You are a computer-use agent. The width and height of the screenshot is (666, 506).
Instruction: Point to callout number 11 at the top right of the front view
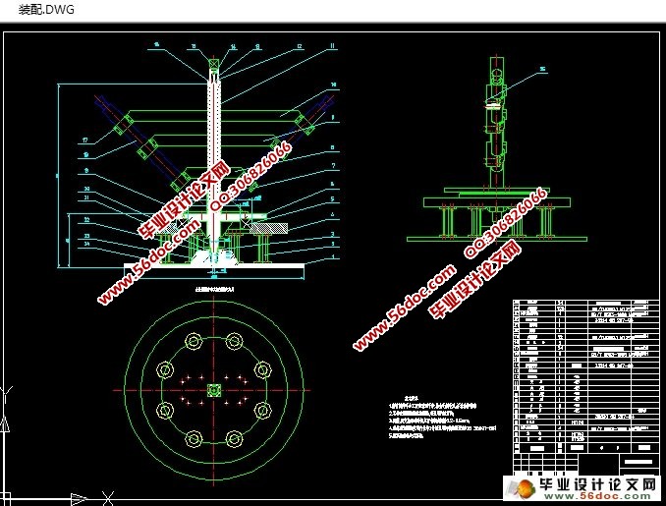(333, 46)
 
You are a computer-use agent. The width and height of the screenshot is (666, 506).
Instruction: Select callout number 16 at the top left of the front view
(157, 46)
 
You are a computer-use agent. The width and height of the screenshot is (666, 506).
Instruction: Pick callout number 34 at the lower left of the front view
(87, 247)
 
